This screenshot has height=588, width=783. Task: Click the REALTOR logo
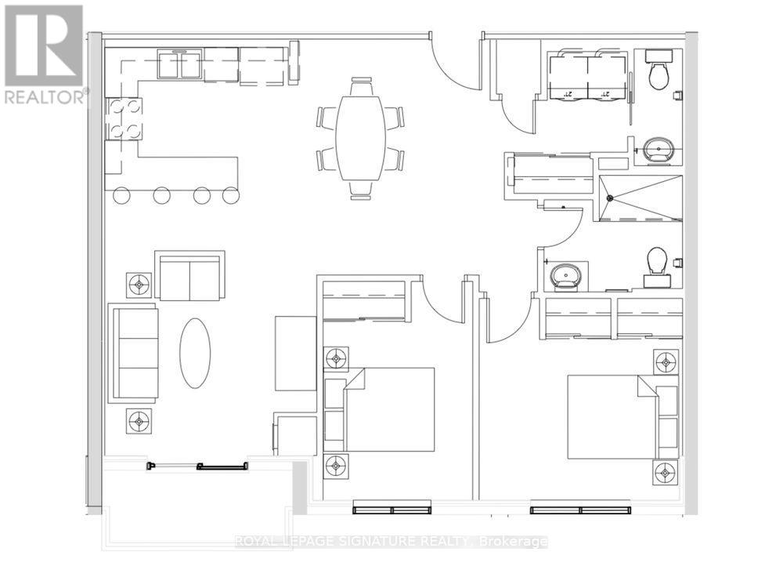(x=44, y=55)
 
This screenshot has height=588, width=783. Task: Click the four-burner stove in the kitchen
(x=124, y=118)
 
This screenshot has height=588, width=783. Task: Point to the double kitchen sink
(x=180, y=65)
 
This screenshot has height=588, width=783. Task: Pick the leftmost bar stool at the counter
(x=121, y=195)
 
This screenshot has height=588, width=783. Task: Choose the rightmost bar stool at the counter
(x=230, y=195)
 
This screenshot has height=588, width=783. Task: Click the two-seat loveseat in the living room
(x=189, y=276)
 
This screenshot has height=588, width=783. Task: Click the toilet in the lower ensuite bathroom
(x=656, y=263)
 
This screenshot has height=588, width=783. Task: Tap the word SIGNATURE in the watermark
(x=370, y=542)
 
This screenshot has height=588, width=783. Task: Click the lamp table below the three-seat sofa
(x=139, y=422)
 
